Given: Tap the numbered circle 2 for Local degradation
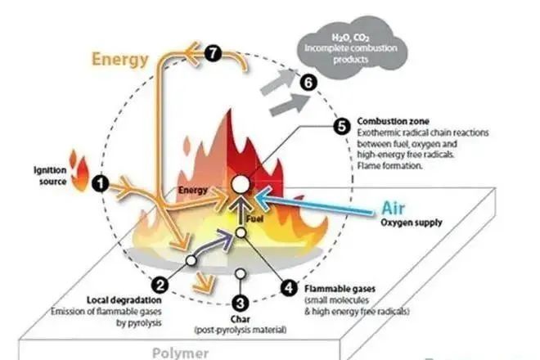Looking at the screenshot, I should coord(161,285).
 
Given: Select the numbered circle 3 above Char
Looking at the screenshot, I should coord(240,302).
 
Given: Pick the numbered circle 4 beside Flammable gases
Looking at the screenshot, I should coord(289,287).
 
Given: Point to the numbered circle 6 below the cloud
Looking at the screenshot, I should coord(308,82).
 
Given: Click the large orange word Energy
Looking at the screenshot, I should coord(121,58).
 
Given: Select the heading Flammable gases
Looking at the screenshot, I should coord(339,287).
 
